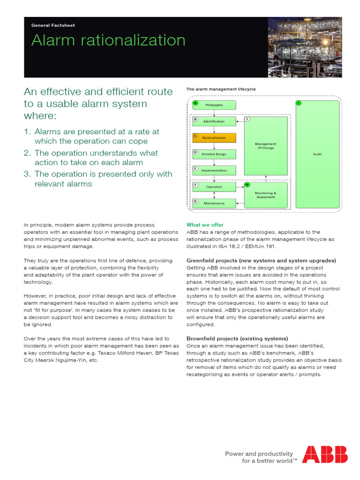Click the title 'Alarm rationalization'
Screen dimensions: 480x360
[x=108, y=41]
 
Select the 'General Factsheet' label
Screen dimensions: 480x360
[x=53, y=25]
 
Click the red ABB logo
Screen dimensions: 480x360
[x=324, y=454]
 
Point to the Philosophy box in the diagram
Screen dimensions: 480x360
[x=214, y=105]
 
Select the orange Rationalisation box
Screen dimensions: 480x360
[x=214, y=138]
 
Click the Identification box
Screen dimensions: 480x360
[x=214, y=121]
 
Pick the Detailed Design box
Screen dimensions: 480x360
[x=214, y=154]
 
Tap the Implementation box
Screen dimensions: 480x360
[x=214, y=171]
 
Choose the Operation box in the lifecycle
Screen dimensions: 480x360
[x=214, y=187]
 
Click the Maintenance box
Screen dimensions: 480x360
[x=214, y=203]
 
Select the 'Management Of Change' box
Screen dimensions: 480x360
[x=266, y=146]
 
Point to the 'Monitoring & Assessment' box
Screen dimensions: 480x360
[x=266, y=195]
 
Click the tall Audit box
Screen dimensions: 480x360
[x=317, y=154]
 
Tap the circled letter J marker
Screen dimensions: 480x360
[x=298, y=103]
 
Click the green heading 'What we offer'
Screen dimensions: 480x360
[x=205, y=225]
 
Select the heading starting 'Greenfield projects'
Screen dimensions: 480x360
[x=261, y=261]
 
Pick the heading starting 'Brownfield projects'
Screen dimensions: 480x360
[x=237, y=338]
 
